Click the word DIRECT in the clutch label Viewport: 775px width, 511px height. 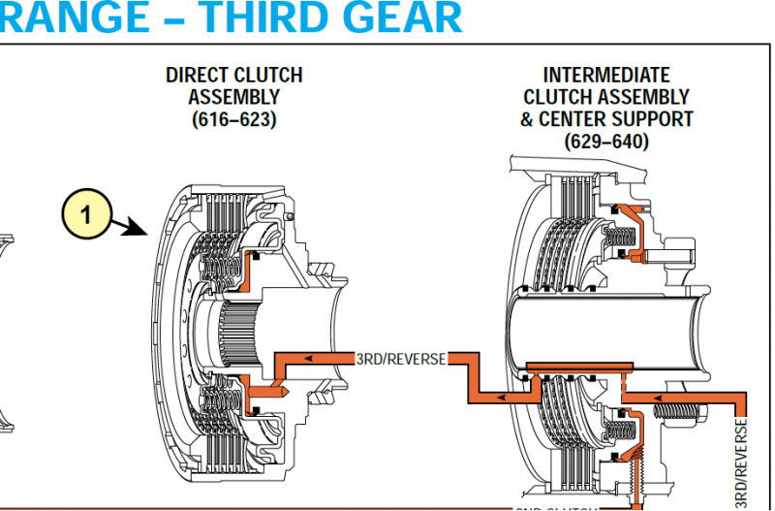tap(199, 76)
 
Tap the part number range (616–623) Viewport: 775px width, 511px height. tap(233, 119)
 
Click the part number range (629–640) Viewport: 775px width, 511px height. tap(606, 142)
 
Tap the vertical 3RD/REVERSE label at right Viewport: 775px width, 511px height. tap(742, 460)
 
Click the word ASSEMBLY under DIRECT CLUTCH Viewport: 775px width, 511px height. tap(233, 97)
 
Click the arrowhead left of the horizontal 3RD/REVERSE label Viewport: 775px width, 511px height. tap(308, 359)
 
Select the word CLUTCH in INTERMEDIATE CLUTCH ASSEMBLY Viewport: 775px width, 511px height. tap(560, 97)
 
